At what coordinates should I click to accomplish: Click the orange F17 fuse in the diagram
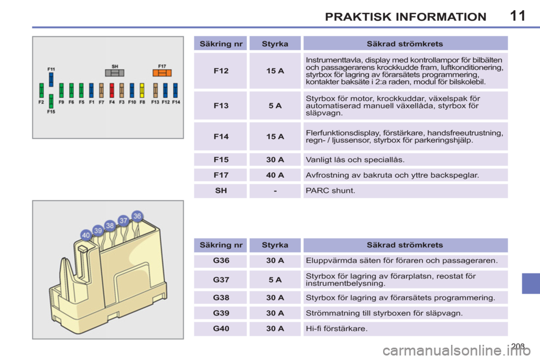pyautogui.click(x=162, y=73)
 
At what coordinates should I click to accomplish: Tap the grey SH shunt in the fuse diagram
pyautogui.click(x=115, y=73)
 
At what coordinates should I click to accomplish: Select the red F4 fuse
pyautogui.click(x=111, y=90)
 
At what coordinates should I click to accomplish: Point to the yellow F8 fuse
pyautogui.click(x=142, y=90)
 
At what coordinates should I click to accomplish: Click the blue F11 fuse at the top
pyautogui.click(x=51, y=79)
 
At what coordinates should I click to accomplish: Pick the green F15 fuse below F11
pyautogui.click(x=51, y=101)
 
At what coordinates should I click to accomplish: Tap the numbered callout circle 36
pyautogui.click(x=137, y=216)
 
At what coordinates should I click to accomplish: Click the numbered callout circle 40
pyautogui.click(x=85, y=235)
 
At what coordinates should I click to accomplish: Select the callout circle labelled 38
pyautogui.click(x=110, y=226)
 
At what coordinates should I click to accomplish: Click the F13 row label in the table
pyautogui.click(x=220, y=106)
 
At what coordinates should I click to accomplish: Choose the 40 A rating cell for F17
pyautogui.click(x=275, y=175)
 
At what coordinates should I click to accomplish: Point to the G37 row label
pyautogui.click(x=220, y=280)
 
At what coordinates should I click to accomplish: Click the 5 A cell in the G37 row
pyautogui.click(x=275, y=280)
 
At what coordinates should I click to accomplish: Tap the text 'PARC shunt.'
pyautogui.click(x=330, y=191)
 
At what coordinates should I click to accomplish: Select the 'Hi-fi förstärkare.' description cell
pyautogui.click(x=406, y=328)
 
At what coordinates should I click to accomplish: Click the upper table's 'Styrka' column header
pyautogui.click(x=275, y=44)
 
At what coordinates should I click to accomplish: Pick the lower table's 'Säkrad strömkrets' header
pyautogui.click(x=406, y=245)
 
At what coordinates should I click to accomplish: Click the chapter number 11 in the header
pyautogui.click(x=517, y=16)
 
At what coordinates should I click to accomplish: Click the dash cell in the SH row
pyautogui.click(x=275, y=191)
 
